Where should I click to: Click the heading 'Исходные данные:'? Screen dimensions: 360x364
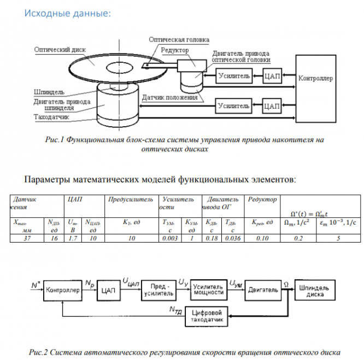(67, 13)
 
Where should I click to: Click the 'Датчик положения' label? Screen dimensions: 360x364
(169, 98)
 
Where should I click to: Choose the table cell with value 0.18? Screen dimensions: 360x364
(210, 238)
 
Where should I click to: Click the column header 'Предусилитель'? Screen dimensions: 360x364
(131, 200)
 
